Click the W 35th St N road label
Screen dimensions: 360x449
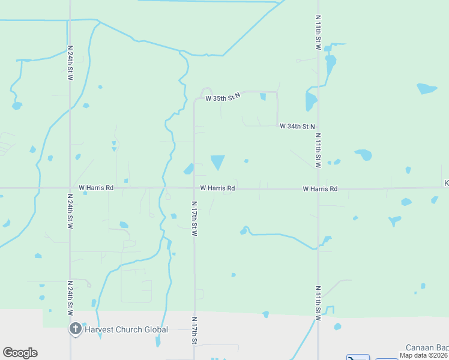point(222,97)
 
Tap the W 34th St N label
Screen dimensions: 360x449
point(297,126)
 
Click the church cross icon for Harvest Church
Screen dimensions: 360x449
point(75,328)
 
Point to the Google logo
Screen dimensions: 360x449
point(20,353)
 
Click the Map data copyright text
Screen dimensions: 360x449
point(424,355)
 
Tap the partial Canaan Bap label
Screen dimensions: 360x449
point(427,347)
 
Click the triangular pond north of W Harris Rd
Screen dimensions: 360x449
point(217,161)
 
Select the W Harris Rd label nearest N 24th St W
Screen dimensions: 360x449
point(92,188)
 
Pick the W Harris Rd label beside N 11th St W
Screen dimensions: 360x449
point(320,188)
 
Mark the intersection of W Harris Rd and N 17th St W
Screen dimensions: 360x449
point(194,188)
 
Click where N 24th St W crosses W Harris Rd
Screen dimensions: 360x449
point(70,188)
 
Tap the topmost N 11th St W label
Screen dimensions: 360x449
point(318,32)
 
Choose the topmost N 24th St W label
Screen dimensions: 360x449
point(70,62)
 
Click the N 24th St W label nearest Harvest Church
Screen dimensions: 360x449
point(70,298)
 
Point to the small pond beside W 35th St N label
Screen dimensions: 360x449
point(263,97)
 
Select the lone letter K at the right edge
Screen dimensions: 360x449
point(446,183)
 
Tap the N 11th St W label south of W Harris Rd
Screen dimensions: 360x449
point(318,298)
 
